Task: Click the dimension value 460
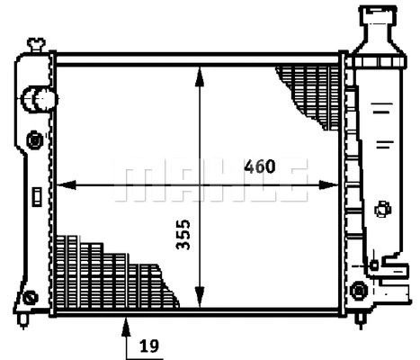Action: (259, 167)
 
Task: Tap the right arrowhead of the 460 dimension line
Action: (336, 186)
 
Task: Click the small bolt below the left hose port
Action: (35, 140)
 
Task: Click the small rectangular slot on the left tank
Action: (34, 194)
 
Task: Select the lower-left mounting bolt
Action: (31, 298)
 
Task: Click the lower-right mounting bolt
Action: (360, 291)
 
